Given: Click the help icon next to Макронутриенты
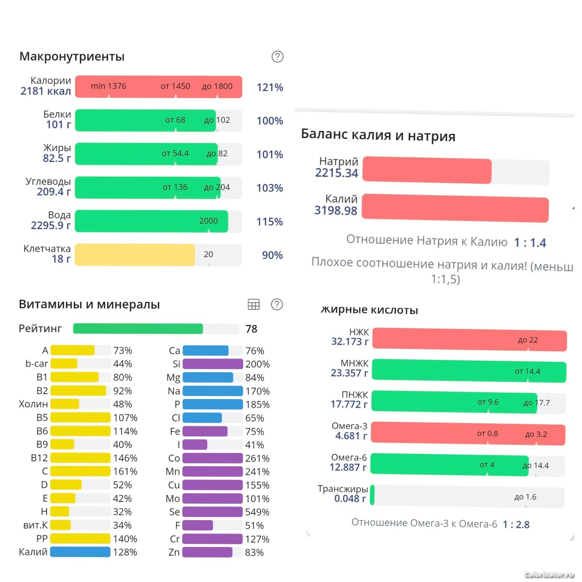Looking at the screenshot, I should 277,56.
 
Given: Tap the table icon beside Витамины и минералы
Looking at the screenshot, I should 253,305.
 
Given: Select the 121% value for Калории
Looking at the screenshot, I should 270,87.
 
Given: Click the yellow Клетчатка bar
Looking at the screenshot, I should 135,255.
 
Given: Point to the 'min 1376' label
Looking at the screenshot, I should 108,86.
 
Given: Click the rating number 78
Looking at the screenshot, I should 251,329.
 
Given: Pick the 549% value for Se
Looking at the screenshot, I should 257,512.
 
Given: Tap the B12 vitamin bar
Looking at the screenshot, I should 80,458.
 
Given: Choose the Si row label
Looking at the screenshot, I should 176,364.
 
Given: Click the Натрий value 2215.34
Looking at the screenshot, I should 336,173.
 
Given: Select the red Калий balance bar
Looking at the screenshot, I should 455,208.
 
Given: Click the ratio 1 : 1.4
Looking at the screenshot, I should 530,243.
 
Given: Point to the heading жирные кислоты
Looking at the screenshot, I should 369,310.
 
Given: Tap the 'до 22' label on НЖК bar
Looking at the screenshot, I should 528,340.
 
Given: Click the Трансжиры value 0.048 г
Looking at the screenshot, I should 350,499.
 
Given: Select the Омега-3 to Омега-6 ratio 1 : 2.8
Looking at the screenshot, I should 516,524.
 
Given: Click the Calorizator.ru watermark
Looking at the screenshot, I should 549,574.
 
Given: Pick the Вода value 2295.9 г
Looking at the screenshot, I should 51,225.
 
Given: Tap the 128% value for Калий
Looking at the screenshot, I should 125,552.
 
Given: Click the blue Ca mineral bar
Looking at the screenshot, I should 205,351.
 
